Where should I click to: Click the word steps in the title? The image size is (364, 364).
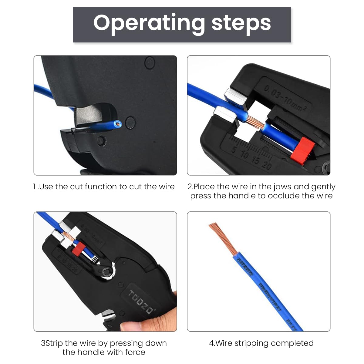pyautogui.click(x=241, y=23)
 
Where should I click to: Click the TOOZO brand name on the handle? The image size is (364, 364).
pyautogui.click(x=141, y=302)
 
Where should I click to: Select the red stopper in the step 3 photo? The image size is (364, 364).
pyautogui.click(x=78, y=250)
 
